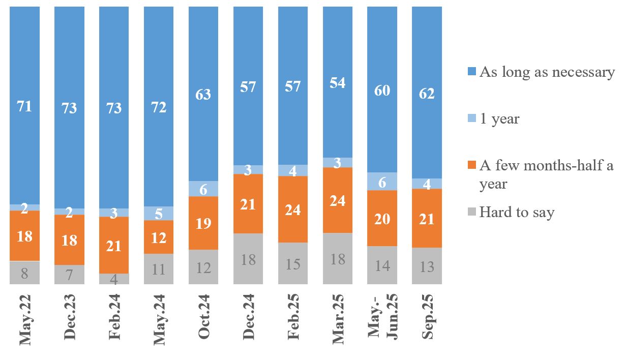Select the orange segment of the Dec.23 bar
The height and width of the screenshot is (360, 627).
coord(69,239)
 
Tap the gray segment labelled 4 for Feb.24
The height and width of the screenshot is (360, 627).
coord(114,279)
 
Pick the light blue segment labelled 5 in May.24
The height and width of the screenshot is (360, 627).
coord(159,214)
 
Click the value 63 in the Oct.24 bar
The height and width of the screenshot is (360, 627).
coord(203,95)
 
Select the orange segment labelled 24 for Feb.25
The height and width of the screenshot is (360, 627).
coord(293,209)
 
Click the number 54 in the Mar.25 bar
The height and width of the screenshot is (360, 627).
coord(338,82)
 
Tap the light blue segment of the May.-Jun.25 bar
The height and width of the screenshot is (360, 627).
coord(382,182)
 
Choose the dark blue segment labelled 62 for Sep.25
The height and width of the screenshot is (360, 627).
coord(427,93)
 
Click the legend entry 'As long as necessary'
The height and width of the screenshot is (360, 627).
coord(547,72)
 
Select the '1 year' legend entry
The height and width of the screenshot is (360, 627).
coord(498,119)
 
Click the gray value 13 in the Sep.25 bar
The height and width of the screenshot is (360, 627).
coord(427,266)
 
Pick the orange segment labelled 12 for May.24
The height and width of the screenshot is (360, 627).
coord(159,237)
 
